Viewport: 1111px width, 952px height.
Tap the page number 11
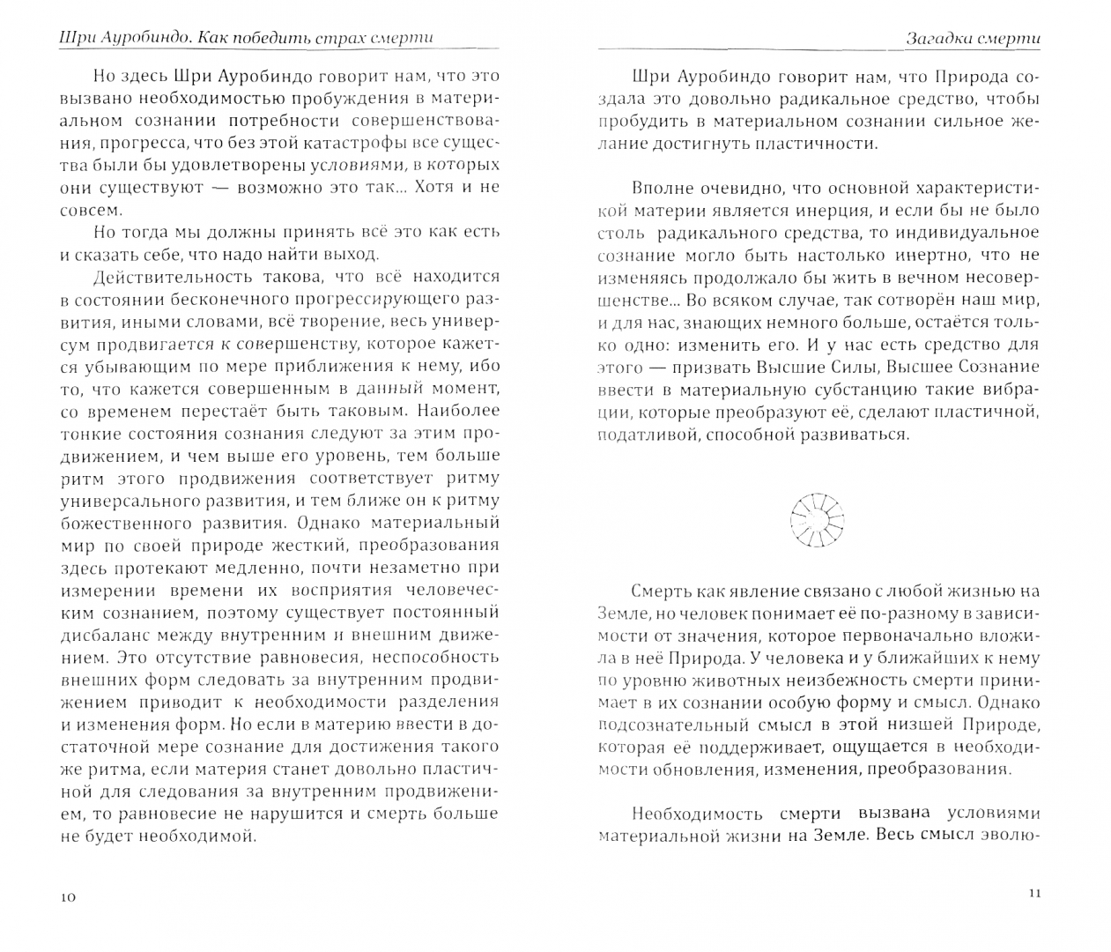coord(1034,893)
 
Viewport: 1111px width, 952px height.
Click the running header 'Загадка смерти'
coord(973,39)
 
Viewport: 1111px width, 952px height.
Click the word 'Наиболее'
coord(458,411)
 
